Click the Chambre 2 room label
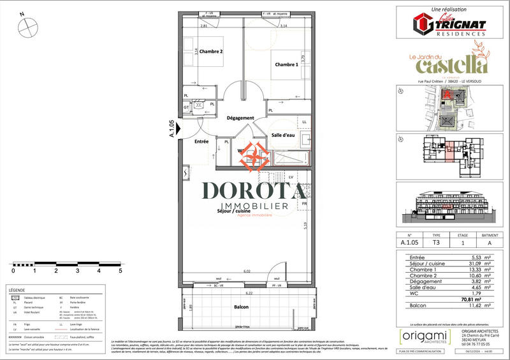click(x=211, y=52)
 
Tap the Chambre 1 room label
click(x=287, y=65)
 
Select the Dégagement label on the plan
click(x=240, y=118)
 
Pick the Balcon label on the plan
click(x=241, y=307)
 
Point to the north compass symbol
click(x=27, y=27)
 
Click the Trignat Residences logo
click(x=449, y=24)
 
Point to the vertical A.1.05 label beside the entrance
click(x=171, y=129)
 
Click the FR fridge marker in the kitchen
click(x=304, y=204)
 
